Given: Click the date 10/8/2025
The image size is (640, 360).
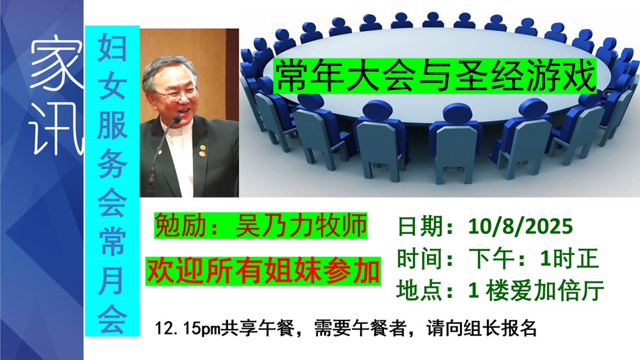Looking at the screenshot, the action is pos(521,226).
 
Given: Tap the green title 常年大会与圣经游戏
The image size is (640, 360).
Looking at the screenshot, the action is pos(435,76).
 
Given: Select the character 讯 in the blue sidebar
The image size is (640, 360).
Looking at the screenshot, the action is pos(56,128).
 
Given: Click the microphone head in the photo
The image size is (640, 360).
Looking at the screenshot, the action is pos(177,119).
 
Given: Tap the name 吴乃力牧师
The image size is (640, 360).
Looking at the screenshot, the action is pos(301,226).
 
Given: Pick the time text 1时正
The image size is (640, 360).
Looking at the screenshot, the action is pos(569,259).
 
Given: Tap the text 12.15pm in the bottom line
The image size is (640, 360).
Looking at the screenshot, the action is pos(188,328).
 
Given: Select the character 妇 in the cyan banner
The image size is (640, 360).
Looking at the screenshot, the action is pos(112,47).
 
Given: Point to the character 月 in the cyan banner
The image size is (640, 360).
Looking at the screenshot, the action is pos(112,281).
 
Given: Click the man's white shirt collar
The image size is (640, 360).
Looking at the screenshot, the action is pos(179,131).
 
